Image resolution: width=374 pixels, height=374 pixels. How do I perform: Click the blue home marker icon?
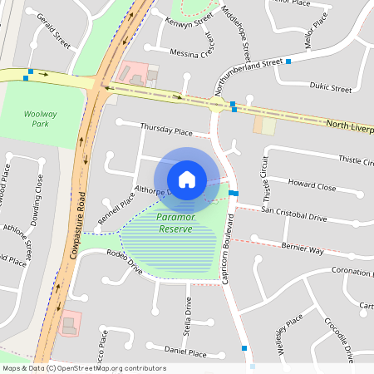click(x=187, y=179)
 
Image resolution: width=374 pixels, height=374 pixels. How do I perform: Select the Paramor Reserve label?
click(x=175, y=223)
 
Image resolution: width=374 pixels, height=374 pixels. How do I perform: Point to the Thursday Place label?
click(x=166, y=130)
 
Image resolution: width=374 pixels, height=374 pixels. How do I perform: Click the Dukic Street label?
click(x=329, y=86)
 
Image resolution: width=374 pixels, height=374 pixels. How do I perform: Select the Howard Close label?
click(x=312, y=187)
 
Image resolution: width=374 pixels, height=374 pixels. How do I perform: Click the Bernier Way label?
click(x=302, y=248)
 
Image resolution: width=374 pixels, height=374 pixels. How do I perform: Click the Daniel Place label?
click(x=185, y=352)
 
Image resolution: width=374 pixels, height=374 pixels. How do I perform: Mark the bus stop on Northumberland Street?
click(x=288, y=62)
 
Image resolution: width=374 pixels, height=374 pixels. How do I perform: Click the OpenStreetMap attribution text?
click(x=84, y=368)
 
